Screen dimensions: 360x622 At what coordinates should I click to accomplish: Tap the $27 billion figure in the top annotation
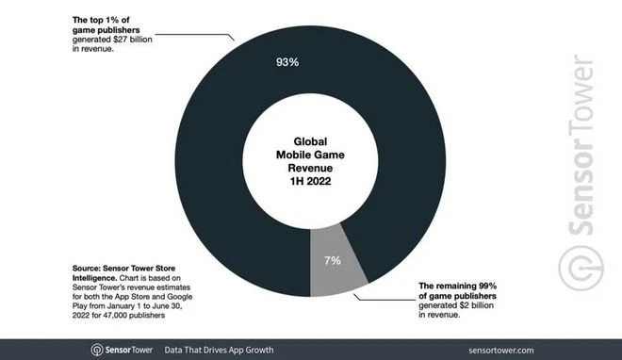[129, 39]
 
